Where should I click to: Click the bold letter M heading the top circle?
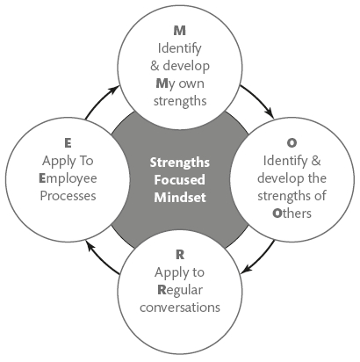180,31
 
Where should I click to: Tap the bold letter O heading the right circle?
292,143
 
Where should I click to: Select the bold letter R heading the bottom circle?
180,255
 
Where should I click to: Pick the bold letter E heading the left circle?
68,143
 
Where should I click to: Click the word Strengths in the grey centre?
180,163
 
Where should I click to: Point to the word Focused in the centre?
180,180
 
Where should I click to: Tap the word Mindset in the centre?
180,198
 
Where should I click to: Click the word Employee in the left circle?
68,179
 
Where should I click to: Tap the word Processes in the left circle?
68,196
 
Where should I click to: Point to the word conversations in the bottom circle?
180,308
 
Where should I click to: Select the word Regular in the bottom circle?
180,291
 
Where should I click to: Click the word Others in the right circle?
292,214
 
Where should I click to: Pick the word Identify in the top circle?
180,49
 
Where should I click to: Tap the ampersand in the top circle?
155,66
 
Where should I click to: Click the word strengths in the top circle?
180,101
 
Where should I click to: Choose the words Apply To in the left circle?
68,162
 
